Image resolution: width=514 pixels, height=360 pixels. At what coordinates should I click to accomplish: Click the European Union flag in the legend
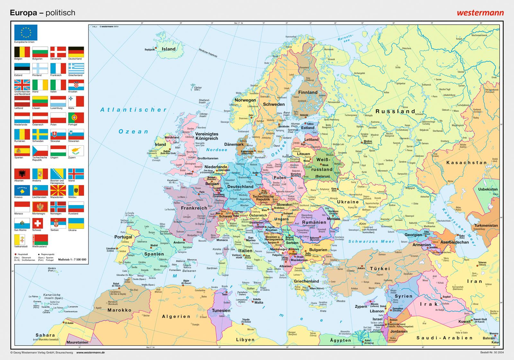click(26, 32)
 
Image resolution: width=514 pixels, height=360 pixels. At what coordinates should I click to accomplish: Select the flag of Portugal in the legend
click(76, 118)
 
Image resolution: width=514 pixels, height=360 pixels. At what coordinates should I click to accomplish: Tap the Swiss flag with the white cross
click(40, 223)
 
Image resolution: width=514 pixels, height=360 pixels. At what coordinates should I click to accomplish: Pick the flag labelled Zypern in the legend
click(76, 151)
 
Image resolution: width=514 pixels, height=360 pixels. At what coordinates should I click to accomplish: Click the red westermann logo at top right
click(480, 13)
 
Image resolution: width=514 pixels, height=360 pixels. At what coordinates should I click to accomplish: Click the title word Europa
click(23, 13)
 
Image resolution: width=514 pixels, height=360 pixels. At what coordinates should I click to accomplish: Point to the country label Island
click(169, 49)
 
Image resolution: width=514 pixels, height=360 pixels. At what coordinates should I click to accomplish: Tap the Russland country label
click(395, 111)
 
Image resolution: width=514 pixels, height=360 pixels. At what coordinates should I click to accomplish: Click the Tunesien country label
click(221, 310)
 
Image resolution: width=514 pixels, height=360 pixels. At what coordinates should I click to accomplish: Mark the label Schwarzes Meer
click(371, 241)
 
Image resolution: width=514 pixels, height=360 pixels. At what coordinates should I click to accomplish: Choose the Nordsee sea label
click(217, 150)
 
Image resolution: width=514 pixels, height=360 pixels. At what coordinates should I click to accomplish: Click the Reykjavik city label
click(150, 50)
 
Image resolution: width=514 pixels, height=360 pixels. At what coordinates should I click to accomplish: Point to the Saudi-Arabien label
click(445, 338)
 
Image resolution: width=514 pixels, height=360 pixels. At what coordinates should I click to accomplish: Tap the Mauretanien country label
click(77, 342)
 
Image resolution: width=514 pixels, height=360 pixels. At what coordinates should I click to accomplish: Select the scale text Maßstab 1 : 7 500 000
click(72, 259)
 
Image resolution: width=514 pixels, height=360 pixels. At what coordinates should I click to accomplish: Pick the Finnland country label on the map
click(308, 92)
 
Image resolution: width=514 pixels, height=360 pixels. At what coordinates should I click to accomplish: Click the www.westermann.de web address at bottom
click(91, 353)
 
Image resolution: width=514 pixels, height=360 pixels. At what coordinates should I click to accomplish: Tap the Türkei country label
click(380, 268)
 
